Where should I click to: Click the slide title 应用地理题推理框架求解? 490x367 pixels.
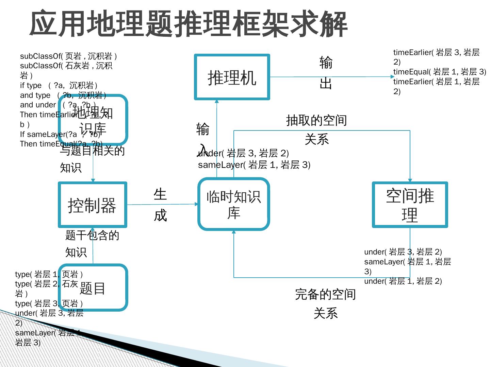coord(188,24)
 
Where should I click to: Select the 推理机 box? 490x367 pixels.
coord(232,77)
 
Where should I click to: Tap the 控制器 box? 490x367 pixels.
coord(92,205)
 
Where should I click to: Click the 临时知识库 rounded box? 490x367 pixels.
coord(234,204)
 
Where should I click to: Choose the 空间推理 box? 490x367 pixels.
coord(410,205)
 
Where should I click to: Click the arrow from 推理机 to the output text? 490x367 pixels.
coord(332,77)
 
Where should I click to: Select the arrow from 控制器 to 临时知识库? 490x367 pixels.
coord(163,204)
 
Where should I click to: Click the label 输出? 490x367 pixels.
coord(326,72)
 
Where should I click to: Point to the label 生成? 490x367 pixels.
coord(160,205)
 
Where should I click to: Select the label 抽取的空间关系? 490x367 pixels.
coord(316,129)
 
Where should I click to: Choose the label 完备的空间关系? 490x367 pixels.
coord(325,303)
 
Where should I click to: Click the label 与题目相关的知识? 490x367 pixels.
coord(92,159)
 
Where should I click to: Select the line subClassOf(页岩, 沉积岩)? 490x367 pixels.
coord(68,56)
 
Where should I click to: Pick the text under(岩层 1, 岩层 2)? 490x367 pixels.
coord(403,281)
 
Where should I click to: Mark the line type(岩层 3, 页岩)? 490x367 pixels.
coord(49,303)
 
